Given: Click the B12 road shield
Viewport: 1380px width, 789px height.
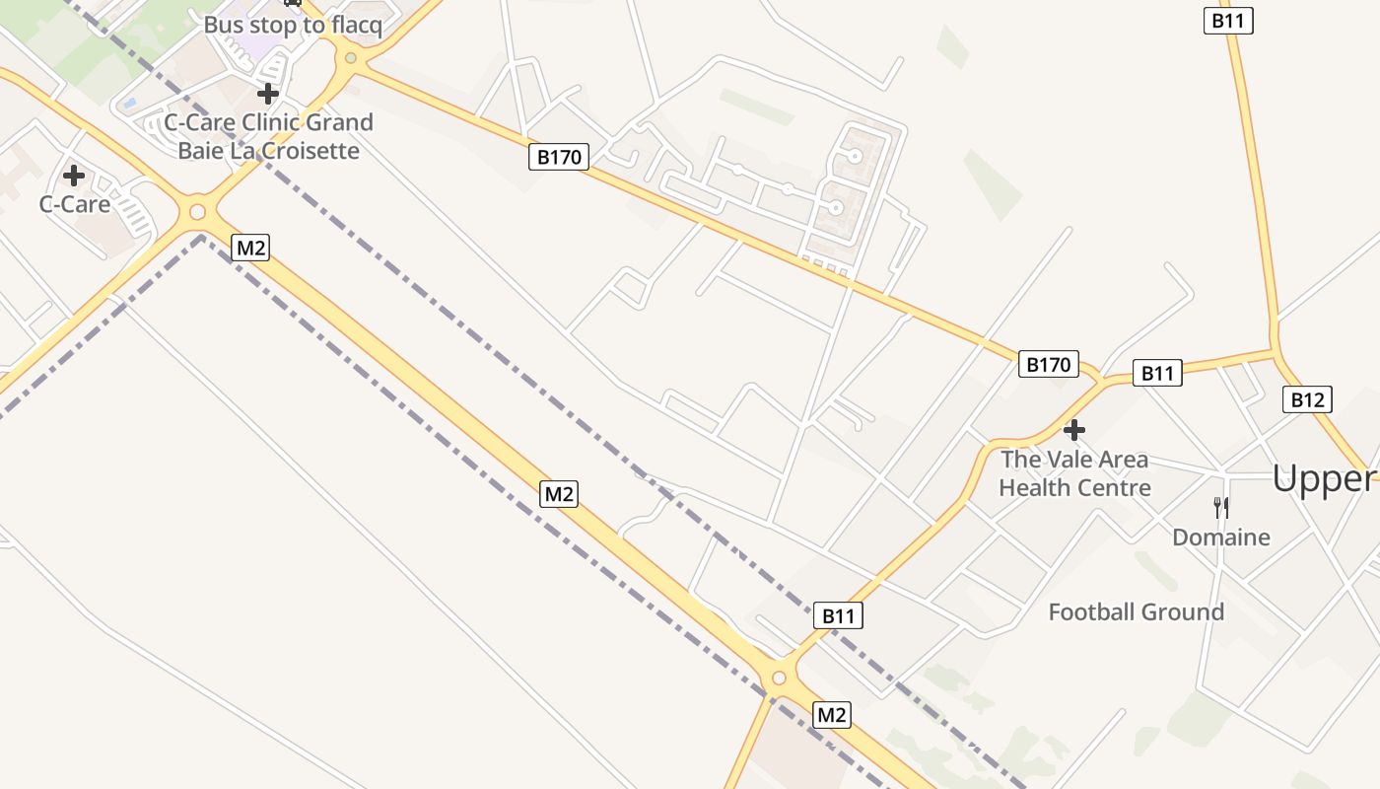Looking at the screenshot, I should coord(1307,399).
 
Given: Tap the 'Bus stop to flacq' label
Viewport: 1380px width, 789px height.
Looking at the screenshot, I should coord(293,25).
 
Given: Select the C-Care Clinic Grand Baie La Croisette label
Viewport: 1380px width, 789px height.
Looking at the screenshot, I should coord(268,136).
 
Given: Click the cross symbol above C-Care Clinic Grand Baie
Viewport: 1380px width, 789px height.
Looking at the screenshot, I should coord(267,94).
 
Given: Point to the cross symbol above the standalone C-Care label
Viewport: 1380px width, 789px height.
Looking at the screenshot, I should coord(74,176).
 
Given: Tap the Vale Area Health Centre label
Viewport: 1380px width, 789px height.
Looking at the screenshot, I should coord(1074,473).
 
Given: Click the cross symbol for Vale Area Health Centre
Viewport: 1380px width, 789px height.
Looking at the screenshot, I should coord(1074,430).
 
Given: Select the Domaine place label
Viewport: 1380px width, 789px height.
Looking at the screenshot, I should coord(1220,538).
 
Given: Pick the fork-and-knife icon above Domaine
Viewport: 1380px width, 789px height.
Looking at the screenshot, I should coord(1220,507).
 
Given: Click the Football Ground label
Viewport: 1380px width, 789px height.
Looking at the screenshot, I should coord(1136,611).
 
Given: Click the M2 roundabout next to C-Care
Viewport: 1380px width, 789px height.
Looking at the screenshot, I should coord(197,211).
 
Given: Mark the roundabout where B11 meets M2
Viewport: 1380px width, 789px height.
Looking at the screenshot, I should coord(779,678).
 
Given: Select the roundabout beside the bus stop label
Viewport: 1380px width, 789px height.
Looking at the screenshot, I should coord(349,58).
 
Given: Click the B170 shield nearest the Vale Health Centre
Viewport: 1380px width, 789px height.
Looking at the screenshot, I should coord(1048,365).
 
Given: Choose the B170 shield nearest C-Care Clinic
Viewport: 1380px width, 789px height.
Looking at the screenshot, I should coord(559,157).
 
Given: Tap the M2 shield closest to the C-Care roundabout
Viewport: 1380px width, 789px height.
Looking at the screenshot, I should coord(250,248).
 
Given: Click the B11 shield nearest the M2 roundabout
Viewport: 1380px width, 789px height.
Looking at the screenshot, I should coord(838,616).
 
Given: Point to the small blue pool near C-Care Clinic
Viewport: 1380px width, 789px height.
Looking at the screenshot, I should coord(129,103).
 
